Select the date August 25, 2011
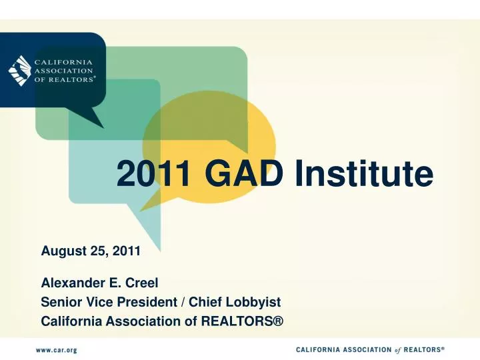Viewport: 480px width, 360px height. pyautogui.click(x=91, y=251)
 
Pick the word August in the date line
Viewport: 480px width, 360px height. pyautogui.click(x=61, y=251)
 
